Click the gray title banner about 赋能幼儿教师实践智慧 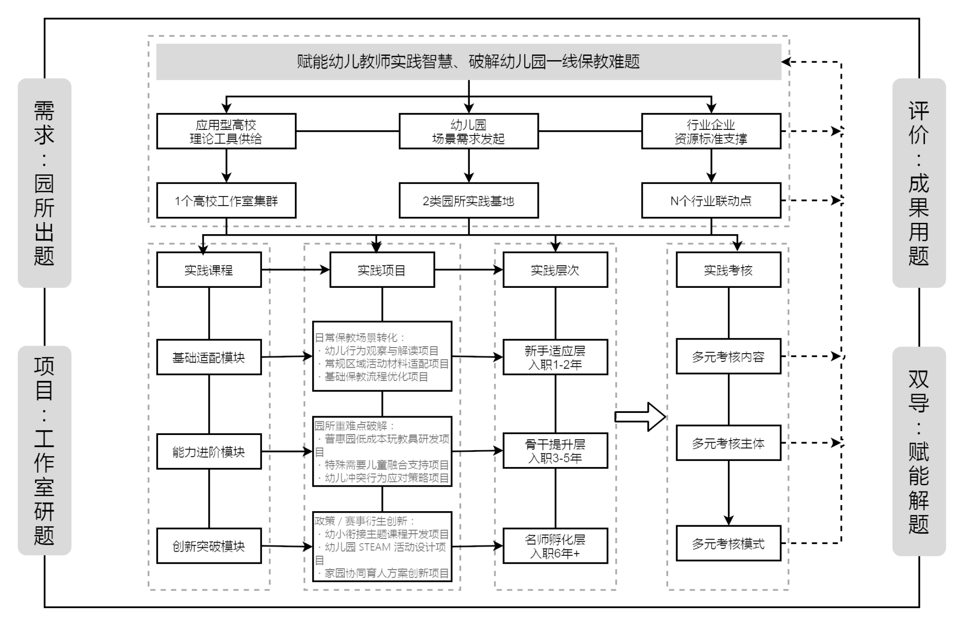coord(468,62)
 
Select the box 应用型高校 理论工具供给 coord(226,131)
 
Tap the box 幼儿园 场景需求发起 coord(468,131)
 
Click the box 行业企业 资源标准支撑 coord(711,131)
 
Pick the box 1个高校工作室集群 coord(226,201)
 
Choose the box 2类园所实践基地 coord(468,201)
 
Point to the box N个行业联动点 coord(711,201)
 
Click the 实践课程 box coord(209,270)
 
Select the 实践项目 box coord(382,270)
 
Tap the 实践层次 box coord(555,270)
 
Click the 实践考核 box coord(728,270)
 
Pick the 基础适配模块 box coord(209,357)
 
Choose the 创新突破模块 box coord(209,546)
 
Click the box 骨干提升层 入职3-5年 coord(555,451)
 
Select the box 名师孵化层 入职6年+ coord(555,546)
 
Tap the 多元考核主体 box coord(728,443)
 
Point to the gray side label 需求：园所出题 coord(44,183)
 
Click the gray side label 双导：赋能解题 coord(919,451)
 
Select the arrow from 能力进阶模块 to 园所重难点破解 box coord(287,451)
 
